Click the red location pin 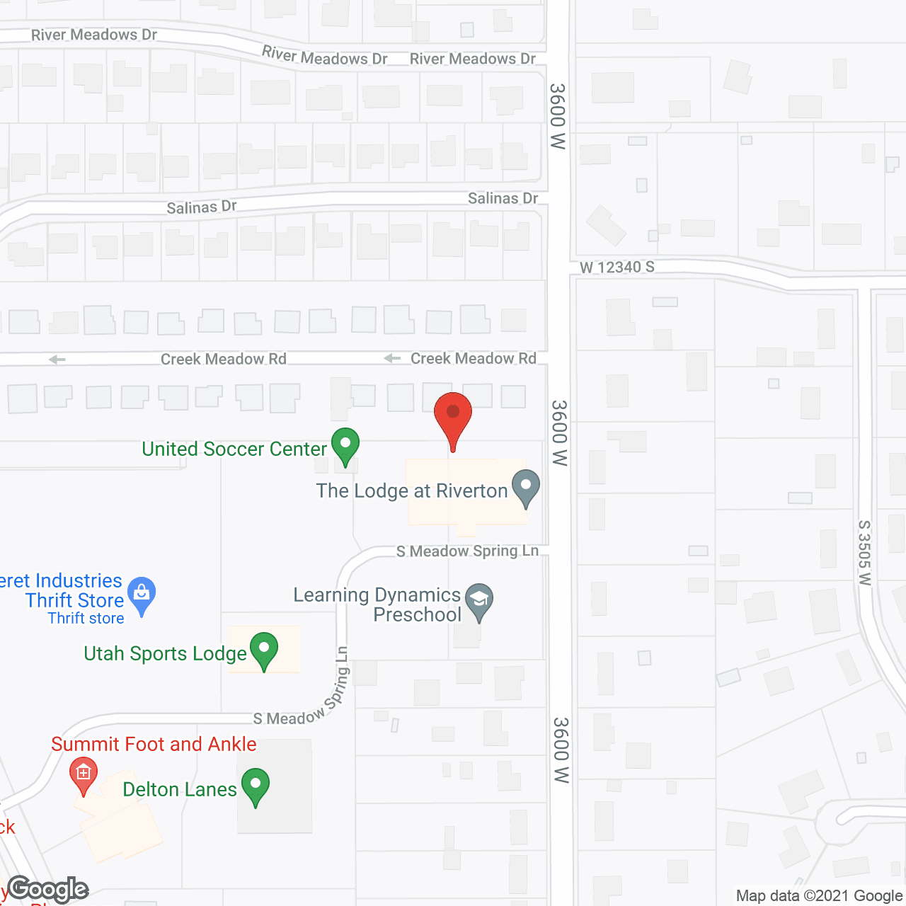pyautogui.click(x=453, y=414)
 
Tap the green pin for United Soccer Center pyautogui.click(x=345, y=445)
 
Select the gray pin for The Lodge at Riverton pyautogui.click(x=525, y=487)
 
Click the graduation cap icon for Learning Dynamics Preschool pyautogui.click(x=479, y=600)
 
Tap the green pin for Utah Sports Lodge pyautogui.click(x=264, y=649)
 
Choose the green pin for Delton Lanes pyautogui.click(x=256, y=785)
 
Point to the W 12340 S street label pyautogui.click(x=617, y=267)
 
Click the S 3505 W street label pyautogui.click(x=864, y=553)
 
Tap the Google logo pyautogui.click(x=48, y=889)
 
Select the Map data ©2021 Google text pyautogui.click(x=819, y=896)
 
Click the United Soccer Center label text pyautogui.click(x=234, y=449)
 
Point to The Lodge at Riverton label pyautogui.click(x=412, y=491)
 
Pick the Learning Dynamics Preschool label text pyautogui.click(x=377, y=604)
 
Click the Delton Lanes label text pyautogui.click(x=180, y=789)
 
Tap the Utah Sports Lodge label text pyautogui.click(x=165, y=653)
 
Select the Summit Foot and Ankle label pyautogui.click(x=154, y=744)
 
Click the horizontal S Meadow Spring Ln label pyautogui.click(x=467, y=551)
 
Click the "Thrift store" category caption pyautogui.click(x=86, y=618)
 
